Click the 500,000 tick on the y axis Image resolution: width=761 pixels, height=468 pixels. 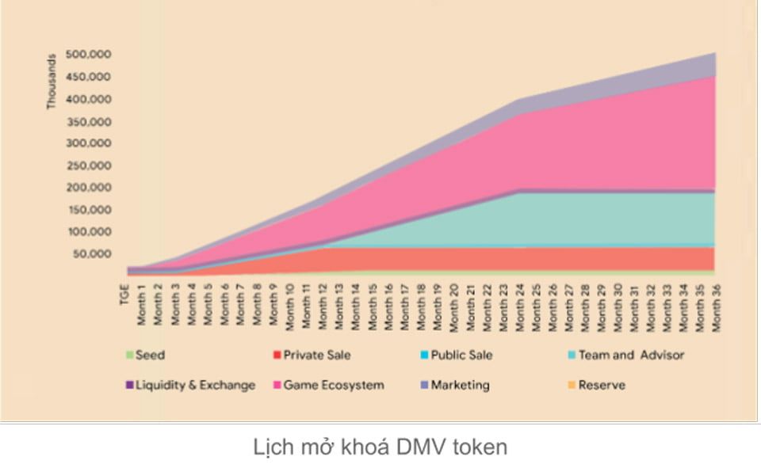[x=89, y=55]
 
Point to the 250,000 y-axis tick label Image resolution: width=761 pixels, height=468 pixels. [x=89, y=166]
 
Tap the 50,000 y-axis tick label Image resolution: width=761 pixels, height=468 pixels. [x=92, y=254]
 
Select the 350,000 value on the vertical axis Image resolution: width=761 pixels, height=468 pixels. [x=89, y=121]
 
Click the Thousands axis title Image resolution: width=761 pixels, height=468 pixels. [x=52, y=81]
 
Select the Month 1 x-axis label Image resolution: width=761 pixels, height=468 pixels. [x=141, y=304]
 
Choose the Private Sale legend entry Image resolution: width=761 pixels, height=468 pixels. [x=316, y=355]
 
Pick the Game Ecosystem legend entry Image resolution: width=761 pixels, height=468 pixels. [x=333, y=385]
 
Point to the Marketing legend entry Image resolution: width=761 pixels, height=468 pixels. [x=460, y=385]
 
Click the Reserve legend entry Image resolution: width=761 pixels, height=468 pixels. [x=601, y=385]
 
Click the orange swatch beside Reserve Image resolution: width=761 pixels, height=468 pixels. [x=572, y=386]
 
